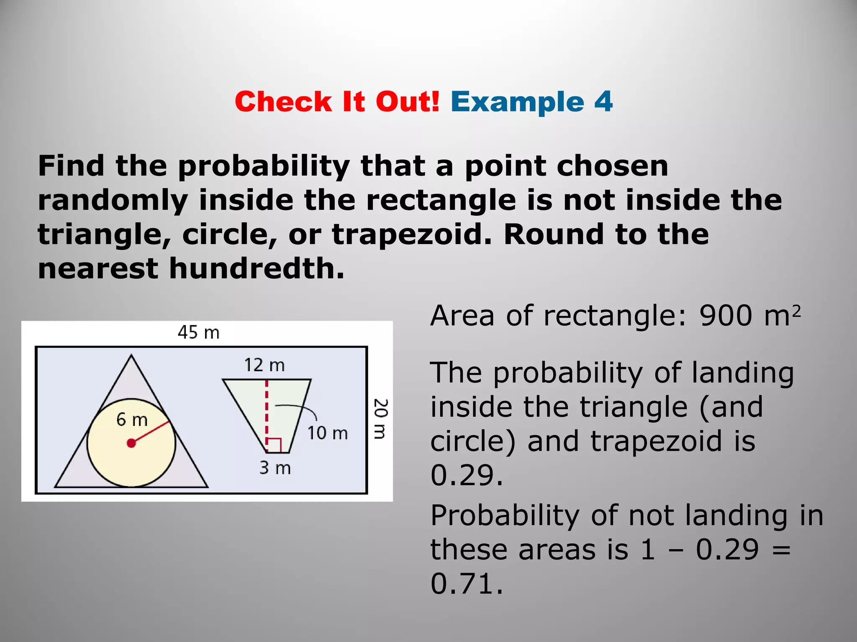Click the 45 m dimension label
coord(198,333)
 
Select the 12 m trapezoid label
coord(264,365)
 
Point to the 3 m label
coord(275,468)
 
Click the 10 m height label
coord(327,433)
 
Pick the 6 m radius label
coord(132,420)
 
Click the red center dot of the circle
coord(131,443)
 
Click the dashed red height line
coord(267,414)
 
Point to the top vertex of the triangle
coord(131,356)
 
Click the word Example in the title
coord(517,102)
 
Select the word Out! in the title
coord(408,102)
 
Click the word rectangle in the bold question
coord(441,200)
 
